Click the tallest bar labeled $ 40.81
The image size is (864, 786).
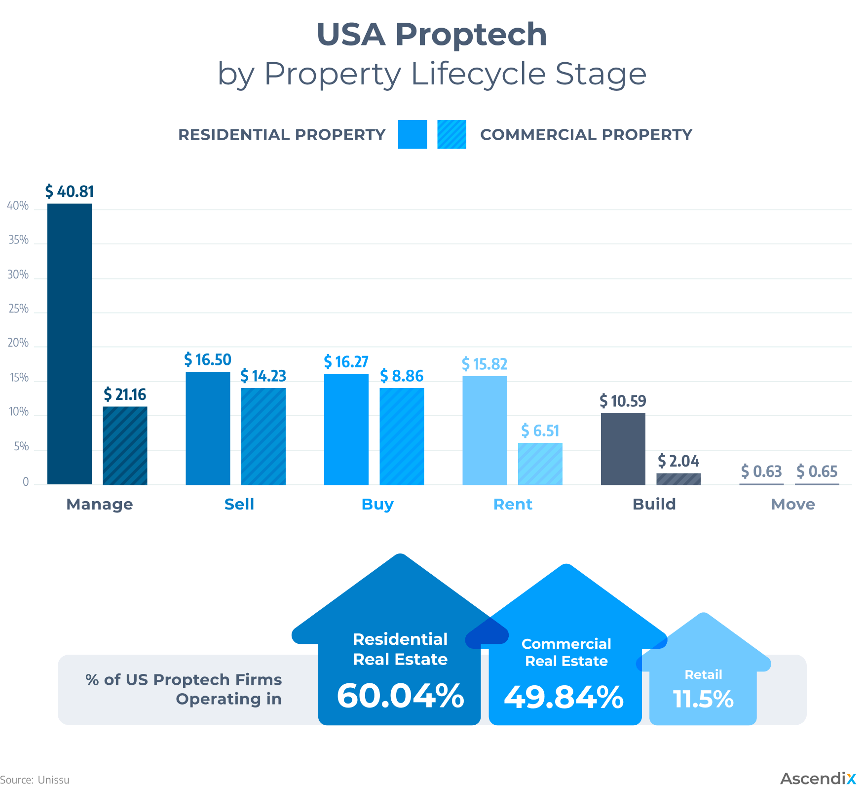coord(70,344)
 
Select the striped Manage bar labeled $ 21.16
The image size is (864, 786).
coord(125,445)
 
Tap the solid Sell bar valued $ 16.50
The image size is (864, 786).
coord(208,428)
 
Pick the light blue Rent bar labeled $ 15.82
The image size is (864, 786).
coord(485,430)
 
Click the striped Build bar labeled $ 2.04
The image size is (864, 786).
coord(678,479)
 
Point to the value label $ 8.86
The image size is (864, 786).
coord(402,376)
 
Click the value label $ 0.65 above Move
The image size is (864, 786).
coord(817,472)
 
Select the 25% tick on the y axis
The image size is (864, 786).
coord(18,309)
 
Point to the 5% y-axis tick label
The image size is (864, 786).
coord(21,447)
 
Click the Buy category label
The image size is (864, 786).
coord(377,504)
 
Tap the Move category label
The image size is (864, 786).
coord(793,504)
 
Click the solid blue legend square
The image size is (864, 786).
coord(413,134)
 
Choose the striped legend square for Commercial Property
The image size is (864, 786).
coord(451,134)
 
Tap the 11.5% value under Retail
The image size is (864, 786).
coord(703,699)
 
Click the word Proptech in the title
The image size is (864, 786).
coord(471,35)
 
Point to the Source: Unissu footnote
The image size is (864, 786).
coord(35,780)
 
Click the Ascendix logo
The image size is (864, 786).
coord(818,779)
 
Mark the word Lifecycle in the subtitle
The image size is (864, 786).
coord(478,74)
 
